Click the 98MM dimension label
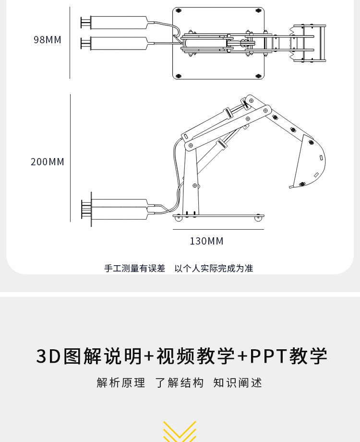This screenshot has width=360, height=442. tap(48, 40)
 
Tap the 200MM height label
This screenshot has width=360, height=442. tap(48, 162)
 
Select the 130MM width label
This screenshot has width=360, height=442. tap(206, 241)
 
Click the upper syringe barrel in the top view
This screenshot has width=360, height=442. tap(119, 22)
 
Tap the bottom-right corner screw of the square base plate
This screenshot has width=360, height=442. tap(259, 76)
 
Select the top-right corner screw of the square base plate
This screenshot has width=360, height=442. tap(259, 10)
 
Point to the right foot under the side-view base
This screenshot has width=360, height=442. tap(258, 219)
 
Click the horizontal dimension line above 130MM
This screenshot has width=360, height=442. tap(218, 230)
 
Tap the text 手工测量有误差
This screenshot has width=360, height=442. tap(134, 269)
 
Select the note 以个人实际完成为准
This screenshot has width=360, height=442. tap(214, 269)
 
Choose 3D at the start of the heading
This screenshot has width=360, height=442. tap(48, 356)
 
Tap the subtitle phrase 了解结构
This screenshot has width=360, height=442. tap(180, 383)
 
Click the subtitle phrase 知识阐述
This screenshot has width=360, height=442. tap(238, 383)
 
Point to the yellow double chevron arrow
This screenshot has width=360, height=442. tap(180, 431)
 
